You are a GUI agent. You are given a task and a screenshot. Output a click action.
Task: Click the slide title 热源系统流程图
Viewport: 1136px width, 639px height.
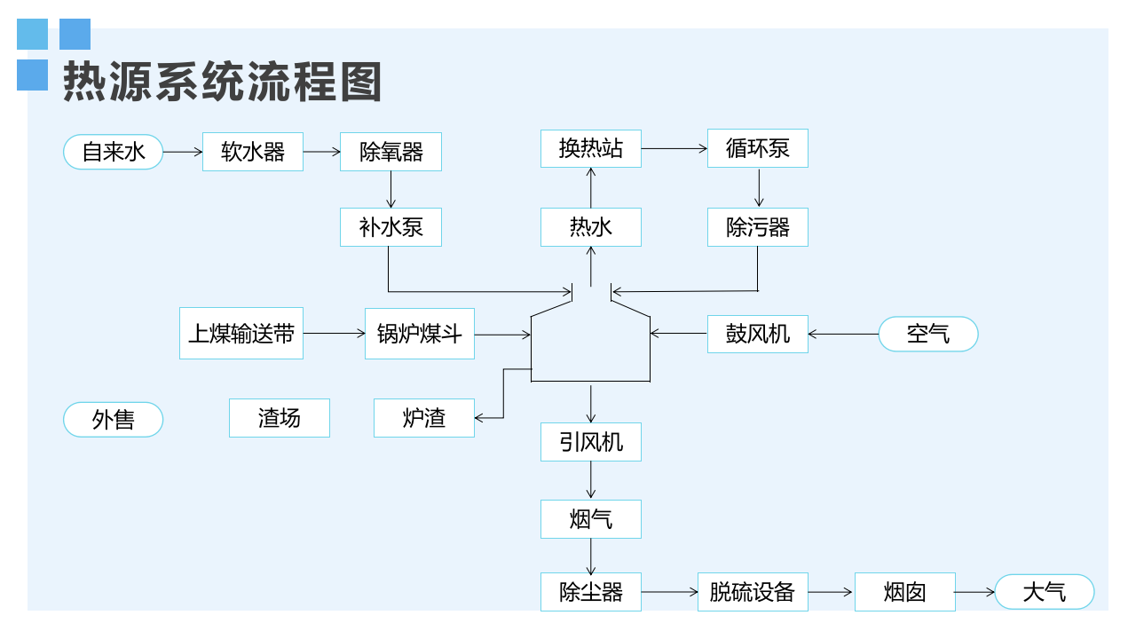click(x=222, y=83)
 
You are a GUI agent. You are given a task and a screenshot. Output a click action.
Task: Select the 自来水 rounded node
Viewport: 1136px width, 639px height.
click(x=113, y=152)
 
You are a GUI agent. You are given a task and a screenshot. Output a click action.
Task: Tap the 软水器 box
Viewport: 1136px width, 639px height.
click(x=253, y=152)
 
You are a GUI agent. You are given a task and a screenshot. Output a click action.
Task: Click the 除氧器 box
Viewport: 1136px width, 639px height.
click(x=390, y=152)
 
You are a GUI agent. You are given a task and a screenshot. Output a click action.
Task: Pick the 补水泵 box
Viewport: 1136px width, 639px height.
click(x=390, y=227)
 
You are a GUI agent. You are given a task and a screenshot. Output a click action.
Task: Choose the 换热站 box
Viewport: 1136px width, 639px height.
click(x=591, y=148)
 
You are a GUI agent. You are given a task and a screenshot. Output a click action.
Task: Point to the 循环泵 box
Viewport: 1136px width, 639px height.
click(x=757, y=148)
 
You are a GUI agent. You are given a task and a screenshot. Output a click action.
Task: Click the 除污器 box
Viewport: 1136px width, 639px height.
click(x=757, y=227)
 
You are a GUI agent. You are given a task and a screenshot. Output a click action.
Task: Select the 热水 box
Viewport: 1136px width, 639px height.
click(x=591, y=227)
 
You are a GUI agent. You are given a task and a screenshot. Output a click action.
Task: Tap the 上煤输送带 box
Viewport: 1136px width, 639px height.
click(x=241, y=334)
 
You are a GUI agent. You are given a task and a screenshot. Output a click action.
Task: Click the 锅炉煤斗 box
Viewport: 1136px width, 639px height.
click(x=420, y=334)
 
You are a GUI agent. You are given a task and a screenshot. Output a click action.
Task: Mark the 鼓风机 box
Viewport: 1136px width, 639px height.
click(x=757, y=334)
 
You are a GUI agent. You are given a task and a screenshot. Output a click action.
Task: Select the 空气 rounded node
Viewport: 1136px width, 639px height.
click(x=928, y=334)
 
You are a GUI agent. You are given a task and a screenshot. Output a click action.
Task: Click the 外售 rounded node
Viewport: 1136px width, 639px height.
click(x=113, y=419)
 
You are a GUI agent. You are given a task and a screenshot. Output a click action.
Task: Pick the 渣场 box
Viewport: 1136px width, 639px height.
click(x=280, y=418)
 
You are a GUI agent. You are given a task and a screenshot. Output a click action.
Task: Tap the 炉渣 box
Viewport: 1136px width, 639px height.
click(x=424, y=418)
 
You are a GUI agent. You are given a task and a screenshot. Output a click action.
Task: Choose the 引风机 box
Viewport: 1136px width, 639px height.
click(x=591, y=442)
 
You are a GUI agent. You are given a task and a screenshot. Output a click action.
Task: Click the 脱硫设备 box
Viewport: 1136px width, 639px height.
click(x=752, y=592)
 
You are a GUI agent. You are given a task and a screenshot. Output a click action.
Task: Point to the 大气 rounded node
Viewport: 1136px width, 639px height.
click(x=1045, y=592)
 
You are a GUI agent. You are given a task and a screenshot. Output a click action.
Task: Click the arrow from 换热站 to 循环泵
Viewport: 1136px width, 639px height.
click(x=674, y=149)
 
